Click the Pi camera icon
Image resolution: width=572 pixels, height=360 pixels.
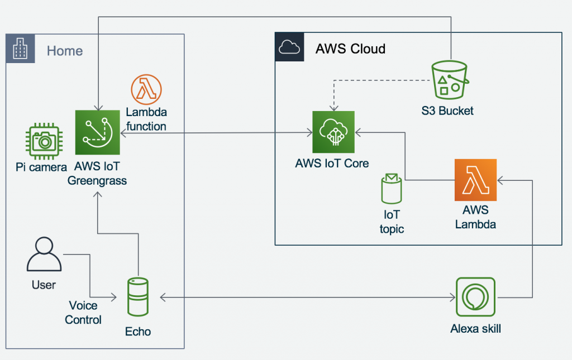44,141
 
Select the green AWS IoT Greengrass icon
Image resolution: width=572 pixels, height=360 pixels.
97,132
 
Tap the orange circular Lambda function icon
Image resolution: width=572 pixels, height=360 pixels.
146,89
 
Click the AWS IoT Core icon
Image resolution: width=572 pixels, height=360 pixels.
333,132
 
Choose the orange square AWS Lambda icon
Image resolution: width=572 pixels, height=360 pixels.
475,180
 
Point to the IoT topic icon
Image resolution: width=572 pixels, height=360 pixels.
392,189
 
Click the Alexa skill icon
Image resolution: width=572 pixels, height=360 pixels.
475,297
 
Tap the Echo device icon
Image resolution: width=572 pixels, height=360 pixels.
138,297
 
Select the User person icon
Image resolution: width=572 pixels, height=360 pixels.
44,254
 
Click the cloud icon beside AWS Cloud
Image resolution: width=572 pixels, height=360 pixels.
289,47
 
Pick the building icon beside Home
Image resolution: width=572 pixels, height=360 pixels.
20,49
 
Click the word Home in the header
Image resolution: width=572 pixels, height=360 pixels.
65,51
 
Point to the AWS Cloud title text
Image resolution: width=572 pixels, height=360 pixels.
350,49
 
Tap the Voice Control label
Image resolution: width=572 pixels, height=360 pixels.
83,313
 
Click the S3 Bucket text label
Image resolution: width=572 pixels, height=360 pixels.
447,111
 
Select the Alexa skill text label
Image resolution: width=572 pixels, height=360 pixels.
475,329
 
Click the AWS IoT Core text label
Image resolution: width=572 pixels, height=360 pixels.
332,163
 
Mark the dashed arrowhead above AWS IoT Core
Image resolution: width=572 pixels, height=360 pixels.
334,108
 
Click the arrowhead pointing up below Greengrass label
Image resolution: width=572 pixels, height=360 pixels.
97,195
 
